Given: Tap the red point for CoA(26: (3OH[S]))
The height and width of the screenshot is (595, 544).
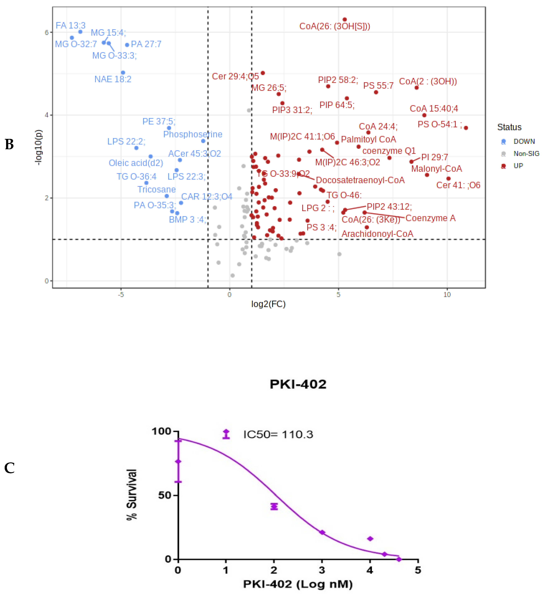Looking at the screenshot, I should pos(345,20).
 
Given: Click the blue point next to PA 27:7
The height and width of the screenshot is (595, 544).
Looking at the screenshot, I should pos(127,45).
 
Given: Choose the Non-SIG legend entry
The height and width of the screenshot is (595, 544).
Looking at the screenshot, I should pos(526,154).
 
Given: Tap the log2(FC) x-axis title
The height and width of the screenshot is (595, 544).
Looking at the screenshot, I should pos(268,304).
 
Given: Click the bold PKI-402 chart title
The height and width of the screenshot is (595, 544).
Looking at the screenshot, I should pos(298,384).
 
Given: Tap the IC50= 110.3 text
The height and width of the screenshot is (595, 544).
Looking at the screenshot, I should pos(278,434).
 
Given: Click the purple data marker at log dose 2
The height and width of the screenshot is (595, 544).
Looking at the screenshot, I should pos(274,506).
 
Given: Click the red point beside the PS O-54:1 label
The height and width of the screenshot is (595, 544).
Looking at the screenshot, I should pos(466,128).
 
